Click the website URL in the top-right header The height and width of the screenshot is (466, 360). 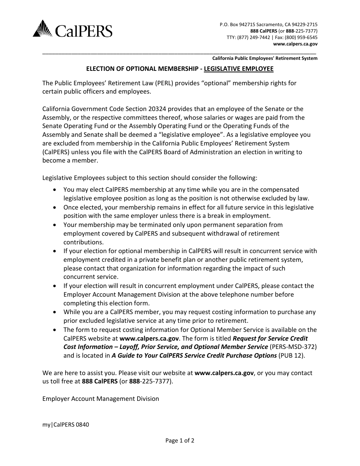(x=295, y=44)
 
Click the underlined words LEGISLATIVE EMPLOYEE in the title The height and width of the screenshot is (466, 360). (x=238, y=69)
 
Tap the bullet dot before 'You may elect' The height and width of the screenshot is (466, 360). (x=56, y=190)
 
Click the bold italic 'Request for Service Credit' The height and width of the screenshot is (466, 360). (x=270, y=338)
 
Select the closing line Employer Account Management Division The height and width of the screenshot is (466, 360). (x=101, y=399)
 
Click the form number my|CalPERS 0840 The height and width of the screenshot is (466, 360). (x=66, y=425)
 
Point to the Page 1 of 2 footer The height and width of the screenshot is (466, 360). (x=180, y=441)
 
